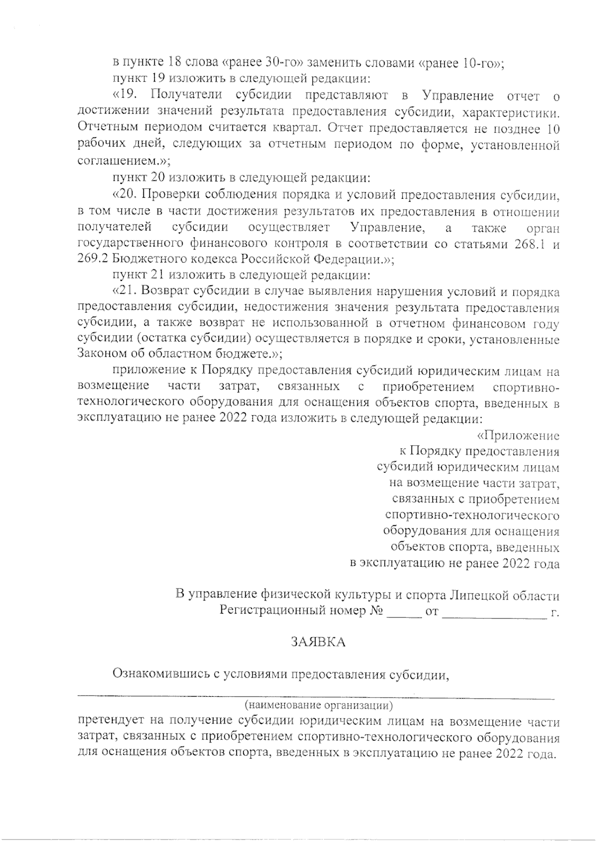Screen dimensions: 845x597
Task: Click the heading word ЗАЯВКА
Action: coord(318,642)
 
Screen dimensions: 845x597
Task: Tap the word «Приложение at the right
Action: coord(518,436)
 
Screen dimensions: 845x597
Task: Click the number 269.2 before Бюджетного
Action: coord(93,259)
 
